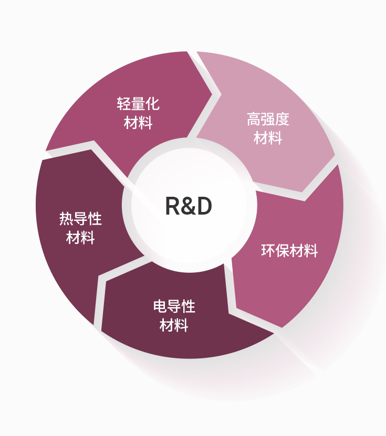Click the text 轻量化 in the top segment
(x=138, y=104)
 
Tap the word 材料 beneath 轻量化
(x=138, y=123)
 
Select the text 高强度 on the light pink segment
(x=268, y=119)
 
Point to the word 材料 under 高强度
(x=268, y=137)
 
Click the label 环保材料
(x=289, y=251)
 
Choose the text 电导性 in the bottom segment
(x=174, y=306)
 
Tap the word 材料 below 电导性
(x=174, y=325)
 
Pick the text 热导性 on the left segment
(x=80, y=219)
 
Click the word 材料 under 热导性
(x=80, y=238)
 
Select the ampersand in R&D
(x=189, y=206)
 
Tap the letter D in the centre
(x=205, y=206)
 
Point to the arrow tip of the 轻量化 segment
(x=213, y=94)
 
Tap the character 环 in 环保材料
(x=268, y=251)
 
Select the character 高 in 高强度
(x=254, y=119)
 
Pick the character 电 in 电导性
(x=160, y=306)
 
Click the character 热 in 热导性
(x=67, y=219)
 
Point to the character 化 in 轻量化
(x=152, y=104)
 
